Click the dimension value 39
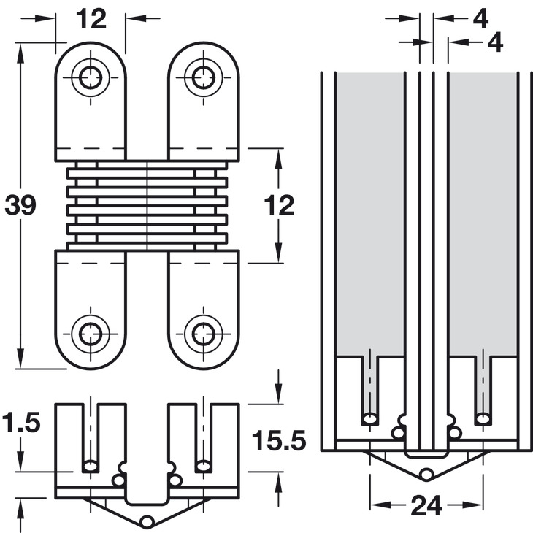pos(20,206)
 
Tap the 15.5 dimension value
pos(277,441)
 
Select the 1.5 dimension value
pos(19,423)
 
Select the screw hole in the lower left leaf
pos(91,334)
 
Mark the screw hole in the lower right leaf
pos(203,334)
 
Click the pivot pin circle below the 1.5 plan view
pos(148,521)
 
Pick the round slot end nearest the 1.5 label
pos(91,465)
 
